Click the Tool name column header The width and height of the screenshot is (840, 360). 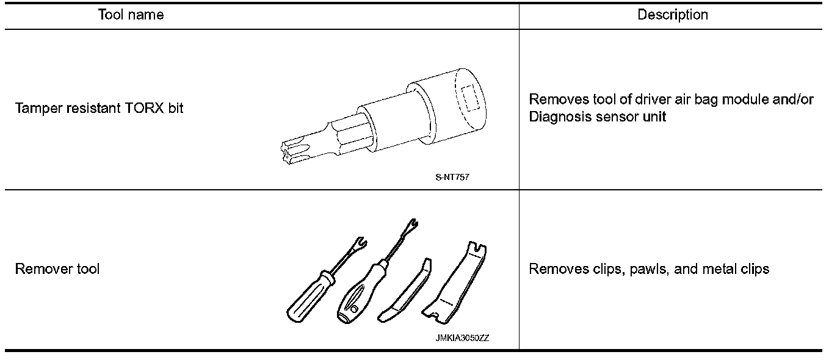click(x=131, y=15)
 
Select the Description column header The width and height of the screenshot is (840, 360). click(x=672, y=15)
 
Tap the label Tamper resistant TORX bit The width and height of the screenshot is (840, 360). click(x=99, y=109)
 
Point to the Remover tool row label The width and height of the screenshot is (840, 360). click(x=57, y=268)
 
